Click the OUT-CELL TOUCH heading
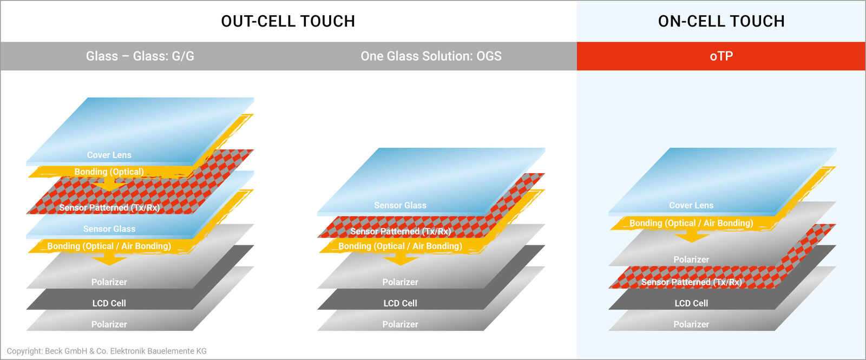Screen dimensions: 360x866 click(288, 21)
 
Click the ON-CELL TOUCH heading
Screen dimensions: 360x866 click(721, 21)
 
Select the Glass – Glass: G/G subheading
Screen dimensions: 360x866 click(140, 56)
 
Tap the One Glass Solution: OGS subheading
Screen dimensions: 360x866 click(431, 56)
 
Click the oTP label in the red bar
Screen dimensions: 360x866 click(721, 56)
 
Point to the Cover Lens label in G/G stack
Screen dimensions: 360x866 click(109, 155)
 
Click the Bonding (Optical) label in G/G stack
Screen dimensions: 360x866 click(109, 172)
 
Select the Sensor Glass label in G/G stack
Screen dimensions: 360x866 click(109, 229)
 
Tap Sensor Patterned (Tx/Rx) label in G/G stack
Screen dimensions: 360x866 click(109, 207)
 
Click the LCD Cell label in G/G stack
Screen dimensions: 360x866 click(109, 303)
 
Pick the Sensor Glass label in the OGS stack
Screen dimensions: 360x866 click(400, 205)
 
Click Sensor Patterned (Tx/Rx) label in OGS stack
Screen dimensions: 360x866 click(401, 231)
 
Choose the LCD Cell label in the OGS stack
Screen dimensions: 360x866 click(400, 303)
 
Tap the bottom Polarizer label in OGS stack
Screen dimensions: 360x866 click(400, 324)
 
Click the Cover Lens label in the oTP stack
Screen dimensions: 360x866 click(691, 205)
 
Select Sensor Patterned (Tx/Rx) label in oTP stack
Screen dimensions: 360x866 click(691, 282)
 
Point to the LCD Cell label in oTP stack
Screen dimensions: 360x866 click(691, 303)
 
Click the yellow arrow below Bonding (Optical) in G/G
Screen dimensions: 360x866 click(109, 186)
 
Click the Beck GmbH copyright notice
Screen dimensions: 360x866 click(107, 351)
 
